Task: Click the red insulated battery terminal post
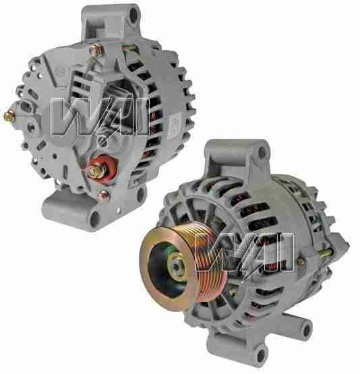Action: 101,168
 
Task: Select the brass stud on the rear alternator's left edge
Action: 9,117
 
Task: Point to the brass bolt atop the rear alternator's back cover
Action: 96,50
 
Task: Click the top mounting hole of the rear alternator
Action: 133,15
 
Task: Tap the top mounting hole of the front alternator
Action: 262,152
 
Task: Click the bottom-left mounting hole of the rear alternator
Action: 94,219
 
